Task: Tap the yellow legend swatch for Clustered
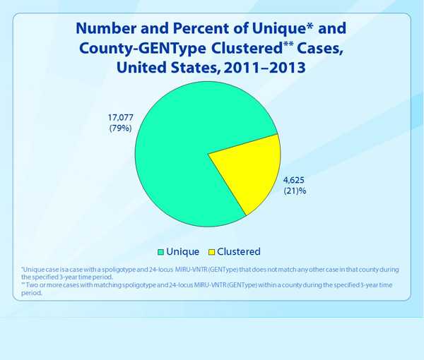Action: pos(211,251)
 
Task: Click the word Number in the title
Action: pos(110,30)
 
